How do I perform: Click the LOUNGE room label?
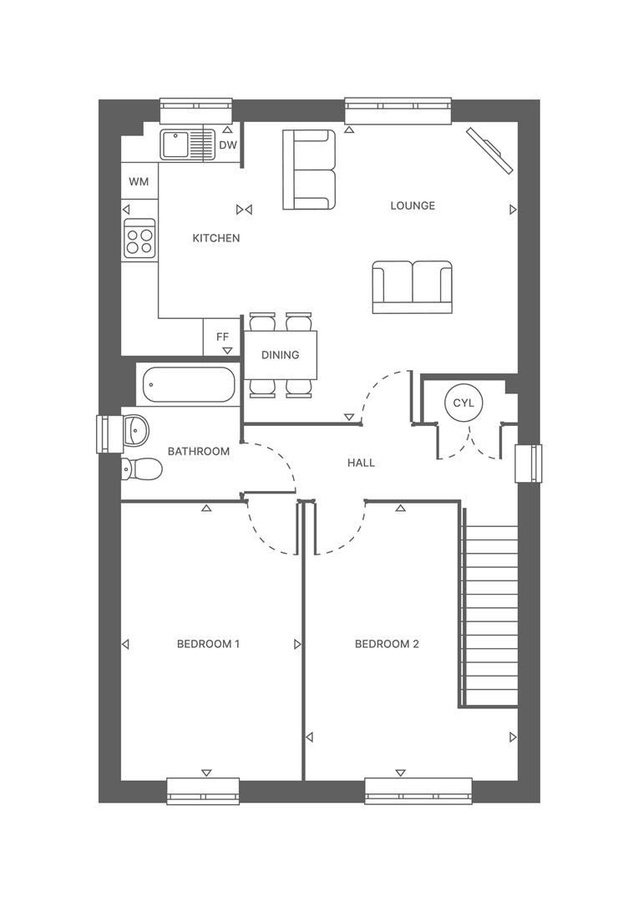413,205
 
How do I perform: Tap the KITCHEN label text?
216,238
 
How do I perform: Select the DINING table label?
280,355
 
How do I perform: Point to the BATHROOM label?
199,451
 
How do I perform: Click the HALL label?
361,463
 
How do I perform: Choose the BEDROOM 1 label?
208,644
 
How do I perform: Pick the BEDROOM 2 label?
387,644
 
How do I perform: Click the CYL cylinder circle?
463,403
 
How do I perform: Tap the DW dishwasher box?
228,145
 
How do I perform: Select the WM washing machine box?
139,181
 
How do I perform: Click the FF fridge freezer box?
222,337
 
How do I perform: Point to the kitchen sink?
187,144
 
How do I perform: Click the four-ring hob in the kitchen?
139,239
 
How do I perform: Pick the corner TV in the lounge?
489,150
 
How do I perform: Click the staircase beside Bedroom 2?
489,616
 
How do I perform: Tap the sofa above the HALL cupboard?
412,286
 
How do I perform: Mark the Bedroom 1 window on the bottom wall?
203,790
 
